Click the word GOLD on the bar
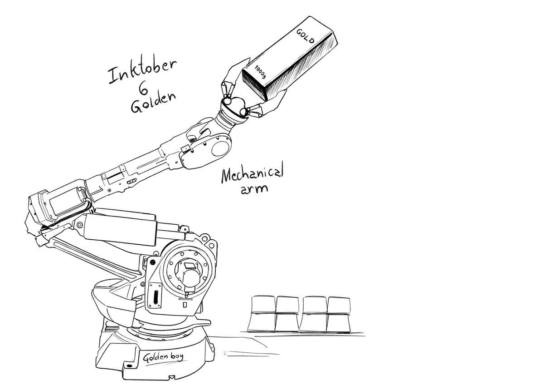pos(305,36)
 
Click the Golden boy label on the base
pos(163,357)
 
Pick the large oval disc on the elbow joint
pos(220,149)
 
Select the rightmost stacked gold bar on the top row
pos(339,305)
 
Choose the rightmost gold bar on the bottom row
pos(339,323)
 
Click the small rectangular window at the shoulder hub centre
pos(189,266)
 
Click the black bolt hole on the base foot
pos(130,366)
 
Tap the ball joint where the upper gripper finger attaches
pos(228,100)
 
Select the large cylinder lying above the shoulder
pos(120,227)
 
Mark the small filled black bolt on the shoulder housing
pos(153,262)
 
